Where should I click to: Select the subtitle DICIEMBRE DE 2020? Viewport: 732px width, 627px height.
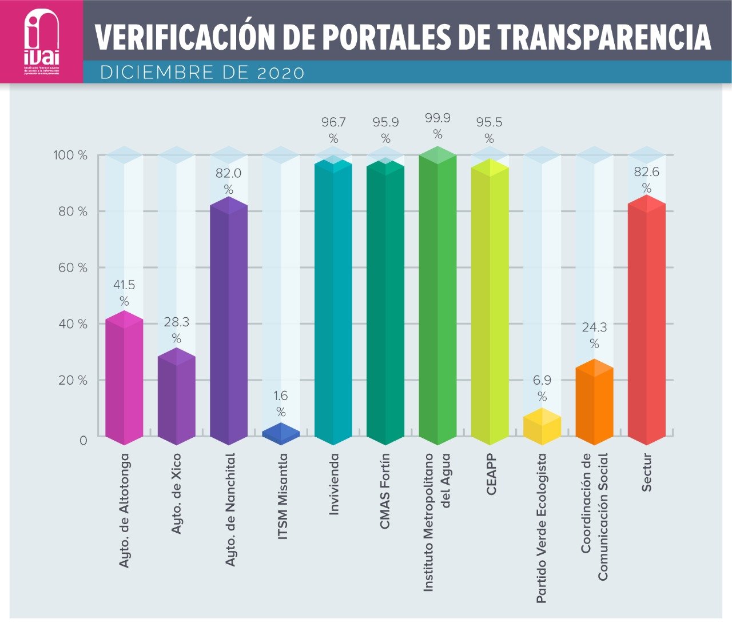pyautogui.click(x=202, y=73)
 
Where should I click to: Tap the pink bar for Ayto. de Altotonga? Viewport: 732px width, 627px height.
pyautogui.click(x=124, y=380)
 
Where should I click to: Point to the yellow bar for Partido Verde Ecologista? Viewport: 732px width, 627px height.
pyautogui.click(x=542, y=428)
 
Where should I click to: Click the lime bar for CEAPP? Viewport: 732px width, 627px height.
pyautogui.click(x=490, y=306)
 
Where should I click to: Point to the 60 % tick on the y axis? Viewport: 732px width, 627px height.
pyautogui.click(x=73, y=267)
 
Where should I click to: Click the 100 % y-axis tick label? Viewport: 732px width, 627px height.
pyautogui.click(x=70, y=155)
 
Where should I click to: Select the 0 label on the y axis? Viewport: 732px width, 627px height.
pyautogui.click(x=83, y=440)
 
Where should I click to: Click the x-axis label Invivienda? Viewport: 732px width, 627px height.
pyautogui.click(x=334, y=485)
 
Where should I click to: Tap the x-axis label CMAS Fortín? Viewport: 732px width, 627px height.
pyautogui.click(x=385, y=491)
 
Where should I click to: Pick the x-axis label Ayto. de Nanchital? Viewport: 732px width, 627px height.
pyautogui.click(x=229, y=510)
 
